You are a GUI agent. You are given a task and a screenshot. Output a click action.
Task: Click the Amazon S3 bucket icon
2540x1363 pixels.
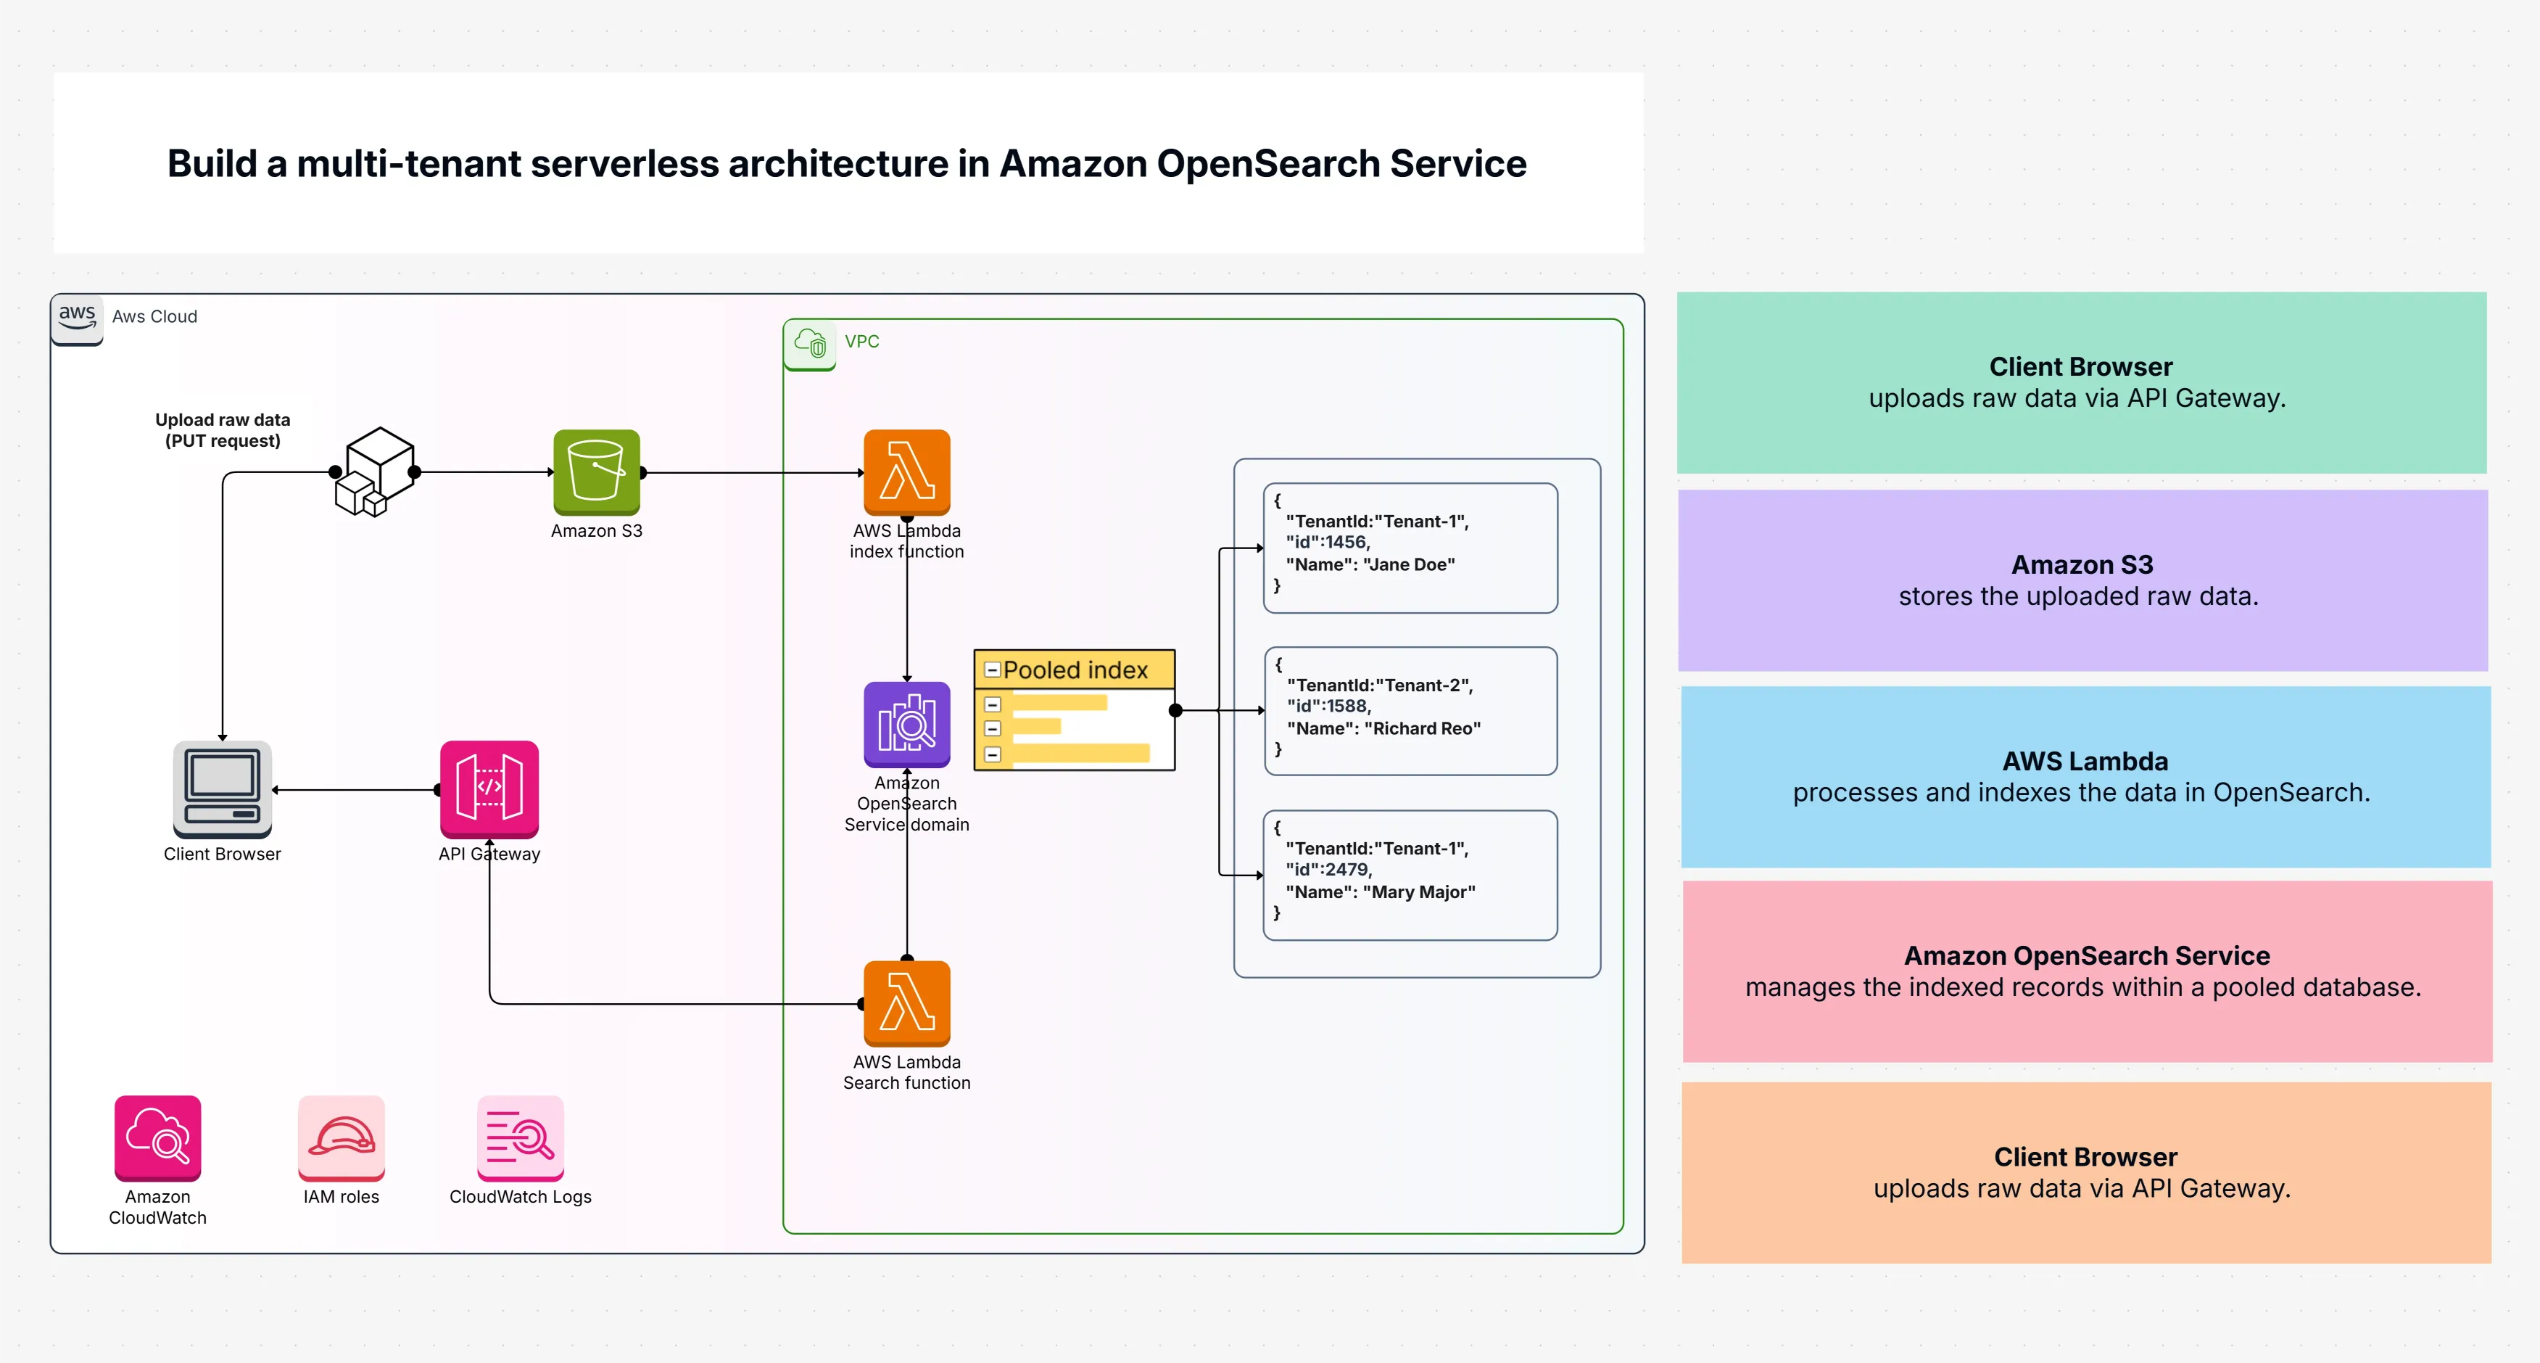coord(597,472)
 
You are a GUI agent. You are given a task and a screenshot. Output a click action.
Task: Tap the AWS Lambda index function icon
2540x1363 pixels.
coord(906,472)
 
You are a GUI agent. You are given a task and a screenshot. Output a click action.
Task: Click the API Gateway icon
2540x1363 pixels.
coord(489,788)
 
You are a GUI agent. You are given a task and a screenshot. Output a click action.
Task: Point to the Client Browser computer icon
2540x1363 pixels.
coord(222,788)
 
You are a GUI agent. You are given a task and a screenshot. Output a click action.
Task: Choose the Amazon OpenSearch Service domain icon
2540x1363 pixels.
coord(906,724)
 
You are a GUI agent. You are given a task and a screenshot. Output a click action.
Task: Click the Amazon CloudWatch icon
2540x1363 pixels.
coord(158,1137)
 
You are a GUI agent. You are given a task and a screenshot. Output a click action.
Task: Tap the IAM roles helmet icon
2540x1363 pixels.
coord(342,1137)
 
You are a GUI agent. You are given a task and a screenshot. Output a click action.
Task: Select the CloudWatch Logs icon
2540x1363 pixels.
coord(520,1137)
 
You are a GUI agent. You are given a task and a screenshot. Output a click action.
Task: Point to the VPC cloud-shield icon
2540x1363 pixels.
coord(809,343)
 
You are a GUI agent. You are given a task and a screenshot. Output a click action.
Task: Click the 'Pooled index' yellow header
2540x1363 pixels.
coord(1074,670)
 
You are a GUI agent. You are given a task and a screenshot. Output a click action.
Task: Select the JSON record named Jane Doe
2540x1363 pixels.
coord(1410,548)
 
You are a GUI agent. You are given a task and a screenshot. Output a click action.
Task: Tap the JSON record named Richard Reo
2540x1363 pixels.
coord(1410,710)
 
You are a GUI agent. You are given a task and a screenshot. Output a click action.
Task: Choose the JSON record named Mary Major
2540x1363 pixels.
coord(1410,875)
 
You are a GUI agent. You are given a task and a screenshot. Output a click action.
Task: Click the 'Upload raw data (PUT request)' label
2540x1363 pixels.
coord(223,430)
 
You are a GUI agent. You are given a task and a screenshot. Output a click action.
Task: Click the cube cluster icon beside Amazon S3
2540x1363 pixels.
coord(375,472)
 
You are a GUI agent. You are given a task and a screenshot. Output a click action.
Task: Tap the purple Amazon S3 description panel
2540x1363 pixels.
coord(2082,580)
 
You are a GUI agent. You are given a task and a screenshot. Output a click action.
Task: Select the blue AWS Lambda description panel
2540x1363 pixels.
coord(2085,776)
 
